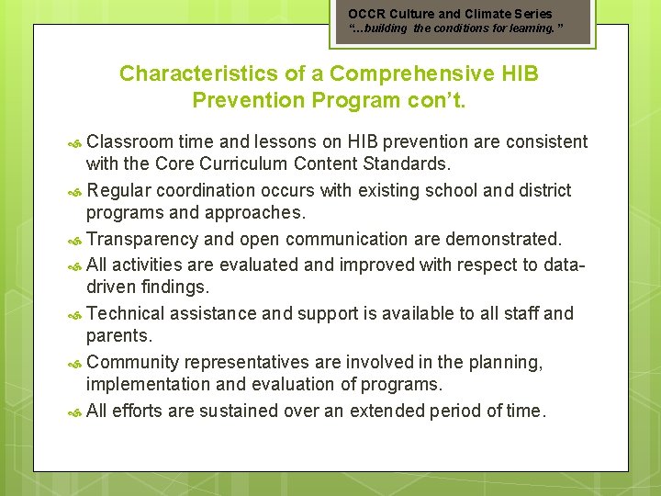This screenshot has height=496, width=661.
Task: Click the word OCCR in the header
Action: pyautogui.click(x=364, y=14)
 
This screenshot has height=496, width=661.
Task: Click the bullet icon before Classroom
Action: pyautogui.click(x=76, y=143)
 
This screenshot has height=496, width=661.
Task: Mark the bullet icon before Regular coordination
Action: pyautogui.click(x=76, y=192)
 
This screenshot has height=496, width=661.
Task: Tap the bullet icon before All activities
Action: pyautogui.click(x=76, y=266)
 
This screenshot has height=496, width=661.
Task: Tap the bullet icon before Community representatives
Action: pyautogui.click(x=76, y=365)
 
